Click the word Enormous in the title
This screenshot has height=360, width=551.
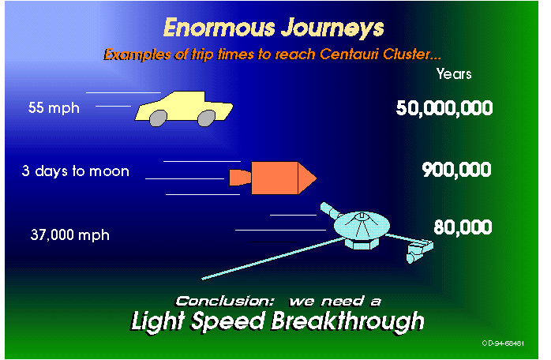[219, 28]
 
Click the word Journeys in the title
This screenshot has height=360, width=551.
[333, 28]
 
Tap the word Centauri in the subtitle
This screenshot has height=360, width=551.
[348, 54]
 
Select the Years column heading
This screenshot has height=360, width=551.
[454, 74]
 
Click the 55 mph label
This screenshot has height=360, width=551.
[54, 108]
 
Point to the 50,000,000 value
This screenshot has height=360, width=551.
[444, 108]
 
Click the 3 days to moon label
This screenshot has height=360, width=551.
[75, 171]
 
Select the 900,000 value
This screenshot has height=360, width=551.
[456, 170]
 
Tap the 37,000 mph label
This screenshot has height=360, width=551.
[70, 234]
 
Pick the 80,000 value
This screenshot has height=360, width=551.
[463, 227]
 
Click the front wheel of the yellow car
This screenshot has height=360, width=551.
[206, 118]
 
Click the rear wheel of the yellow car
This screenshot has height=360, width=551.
[158, 118]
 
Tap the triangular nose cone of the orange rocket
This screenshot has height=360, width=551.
[306, 178]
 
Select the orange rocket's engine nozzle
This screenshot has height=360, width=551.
[240, 178]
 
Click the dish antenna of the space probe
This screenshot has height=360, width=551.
[362, 225]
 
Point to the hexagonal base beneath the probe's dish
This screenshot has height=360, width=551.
[362, 244]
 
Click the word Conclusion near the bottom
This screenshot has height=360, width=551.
[224, 302]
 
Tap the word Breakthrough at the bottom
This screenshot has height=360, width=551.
[348, 321]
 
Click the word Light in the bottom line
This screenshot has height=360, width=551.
[158, 321]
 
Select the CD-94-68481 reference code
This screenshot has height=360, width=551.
[503, 343]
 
